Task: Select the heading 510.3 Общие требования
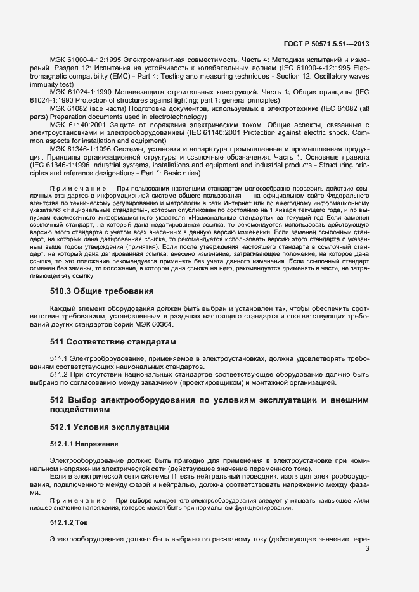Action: pyautogui.click(x=102, y=291)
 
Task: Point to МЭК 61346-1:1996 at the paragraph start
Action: pyautogui.click(x=81, y=150)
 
